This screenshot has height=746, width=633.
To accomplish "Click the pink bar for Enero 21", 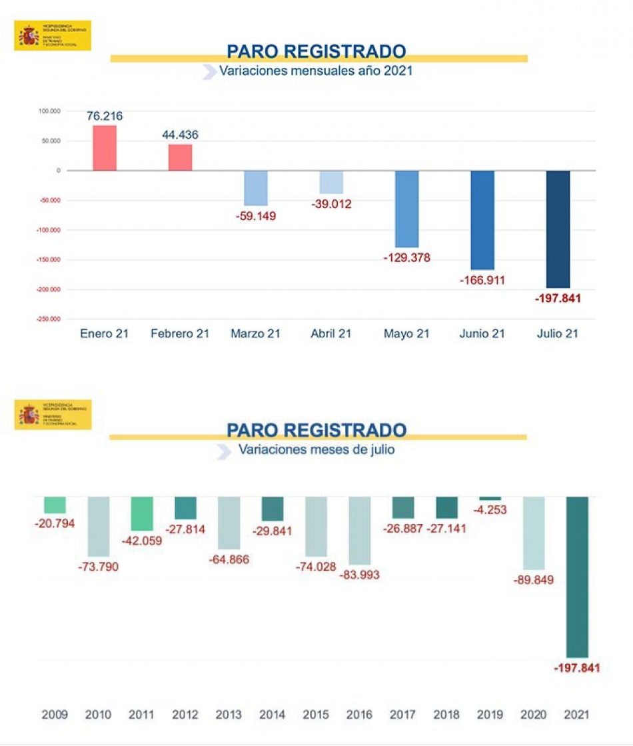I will [x=105, y=148].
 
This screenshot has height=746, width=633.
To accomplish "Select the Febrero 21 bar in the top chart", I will [x=180, y=157].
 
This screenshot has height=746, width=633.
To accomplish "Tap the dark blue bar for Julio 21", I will [x=558, y=229].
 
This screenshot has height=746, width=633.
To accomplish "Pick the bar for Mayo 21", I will [x=406, y=209].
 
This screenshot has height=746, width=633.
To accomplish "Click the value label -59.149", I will [x=256, y=216].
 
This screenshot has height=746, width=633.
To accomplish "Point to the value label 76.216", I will [x=105, y=116].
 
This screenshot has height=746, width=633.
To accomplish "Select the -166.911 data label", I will [x=482, y=281].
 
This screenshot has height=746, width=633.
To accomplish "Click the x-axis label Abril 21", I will [x=331, y=334].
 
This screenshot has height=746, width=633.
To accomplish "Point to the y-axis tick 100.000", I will [x=48, y=111].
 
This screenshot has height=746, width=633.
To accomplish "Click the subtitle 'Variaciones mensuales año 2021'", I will [x=316, y=71].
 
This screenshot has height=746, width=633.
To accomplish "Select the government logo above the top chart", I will [x=52, y=35].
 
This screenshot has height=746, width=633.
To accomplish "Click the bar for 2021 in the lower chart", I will [x=577, y=577].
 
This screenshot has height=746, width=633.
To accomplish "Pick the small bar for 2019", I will [x=490, y=499].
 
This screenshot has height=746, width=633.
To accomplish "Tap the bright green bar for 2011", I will [x=142, y=513].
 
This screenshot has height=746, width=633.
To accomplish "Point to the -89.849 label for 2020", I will [x=533, y=580].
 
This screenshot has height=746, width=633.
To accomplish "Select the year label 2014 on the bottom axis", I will [x=272, y=715].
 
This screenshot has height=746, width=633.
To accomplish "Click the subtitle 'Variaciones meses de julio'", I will [x=316, y=450].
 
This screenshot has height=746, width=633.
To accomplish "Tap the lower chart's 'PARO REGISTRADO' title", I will [x=316, y=430].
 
